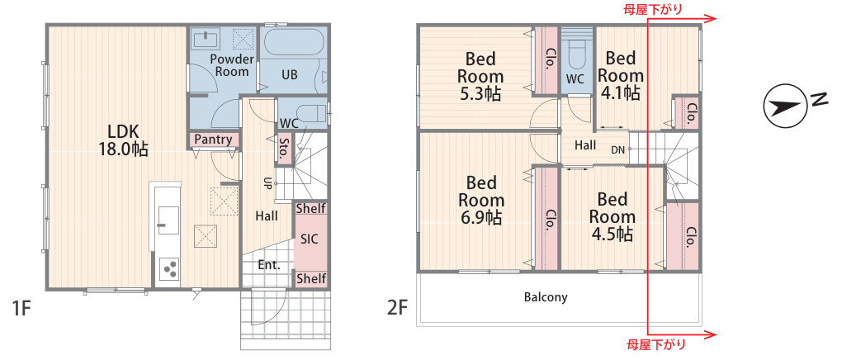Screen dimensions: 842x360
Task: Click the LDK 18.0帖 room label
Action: pyautogui.click(x=124, y=140)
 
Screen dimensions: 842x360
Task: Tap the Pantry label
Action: pyautogui.click(x=214, y=140)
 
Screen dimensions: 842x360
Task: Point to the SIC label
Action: pyautogui.click(x=310, y=239)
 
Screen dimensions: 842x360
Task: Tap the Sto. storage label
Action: pyautogui.click(x=283, y=149)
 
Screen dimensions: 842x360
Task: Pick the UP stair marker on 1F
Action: pyautogui.click(x=266, y=183)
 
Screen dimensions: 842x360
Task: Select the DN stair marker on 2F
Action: pyautogui.click(x=617, y=150)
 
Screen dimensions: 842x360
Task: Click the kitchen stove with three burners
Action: pyautogui.click(x=170, y=269)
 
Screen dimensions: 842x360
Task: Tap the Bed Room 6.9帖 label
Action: pyautogui.click(x=480, y=201)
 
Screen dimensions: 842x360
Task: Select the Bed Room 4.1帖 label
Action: pyautogui.click(x=620, y=75)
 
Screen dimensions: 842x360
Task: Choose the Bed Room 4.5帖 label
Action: pyautogui.click(x=612, y=217)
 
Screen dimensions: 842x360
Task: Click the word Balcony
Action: pyautogui.click(x=546, y=297)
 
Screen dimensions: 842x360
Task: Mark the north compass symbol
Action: pyautogui.click(x=785, y=107)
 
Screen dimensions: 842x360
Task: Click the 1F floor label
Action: pyautogui.click(x=21, y=309)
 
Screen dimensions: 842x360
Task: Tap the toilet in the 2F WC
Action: pyautogui.click(x=575, y=55)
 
